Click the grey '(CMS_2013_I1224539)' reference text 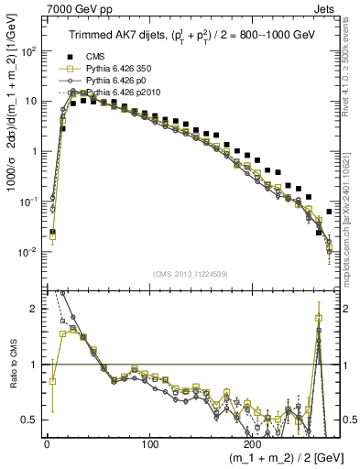tap(193, 272)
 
